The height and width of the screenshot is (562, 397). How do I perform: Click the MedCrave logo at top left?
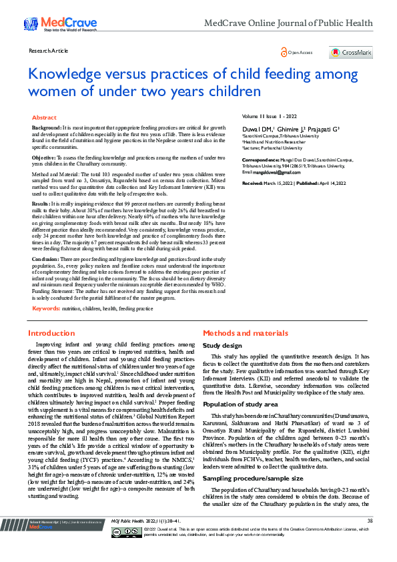[x=51, y=24]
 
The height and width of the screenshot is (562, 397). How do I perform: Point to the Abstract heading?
[x=44, y=117]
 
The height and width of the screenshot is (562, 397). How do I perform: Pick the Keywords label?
[x=46, y=308]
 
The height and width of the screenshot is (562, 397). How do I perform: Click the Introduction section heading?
[x=51, y=332]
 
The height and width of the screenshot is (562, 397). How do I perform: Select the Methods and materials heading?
[x=245, y=332]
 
